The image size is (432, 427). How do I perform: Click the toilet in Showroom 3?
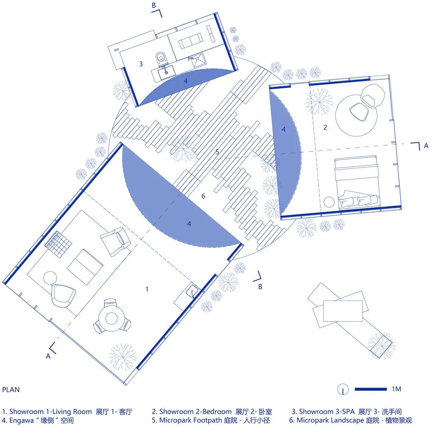161,58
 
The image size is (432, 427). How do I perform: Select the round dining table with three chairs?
111,318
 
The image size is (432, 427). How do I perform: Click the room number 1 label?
147,289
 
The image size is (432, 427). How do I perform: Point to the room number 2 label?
325,127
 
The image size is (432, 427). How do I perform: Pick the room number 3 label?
141,64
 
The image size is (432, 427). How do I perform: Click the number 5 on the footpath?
217,152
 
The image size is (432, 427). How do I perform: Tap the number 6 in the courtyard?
203,196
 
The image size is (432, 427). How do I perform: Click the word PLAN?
11,389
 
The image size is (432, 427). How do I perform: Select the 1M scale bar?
370,389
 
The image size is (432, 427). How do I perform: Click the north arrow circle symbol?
343,389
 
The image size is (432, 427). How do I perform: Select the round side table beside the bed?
329,202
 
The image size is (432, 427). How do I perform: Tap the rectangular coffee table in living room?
85,267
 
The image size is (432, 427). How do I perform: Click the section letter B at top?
154,6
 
